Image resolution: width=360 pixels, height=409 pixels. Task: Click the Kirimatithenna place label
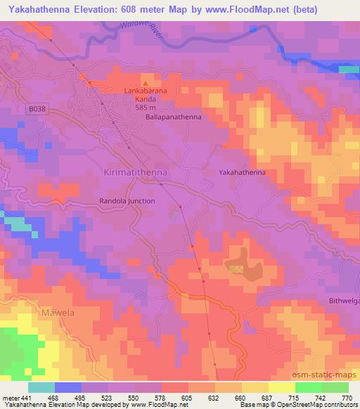(134, 172)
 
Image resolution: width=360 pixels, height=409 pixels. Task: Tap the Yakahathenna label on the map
(242, 171)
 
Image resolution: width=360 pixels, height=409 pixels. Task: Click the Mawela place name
(58, 311)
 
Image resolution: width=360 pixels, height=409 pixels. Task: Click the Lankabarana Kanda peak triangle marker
(146, 84)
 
